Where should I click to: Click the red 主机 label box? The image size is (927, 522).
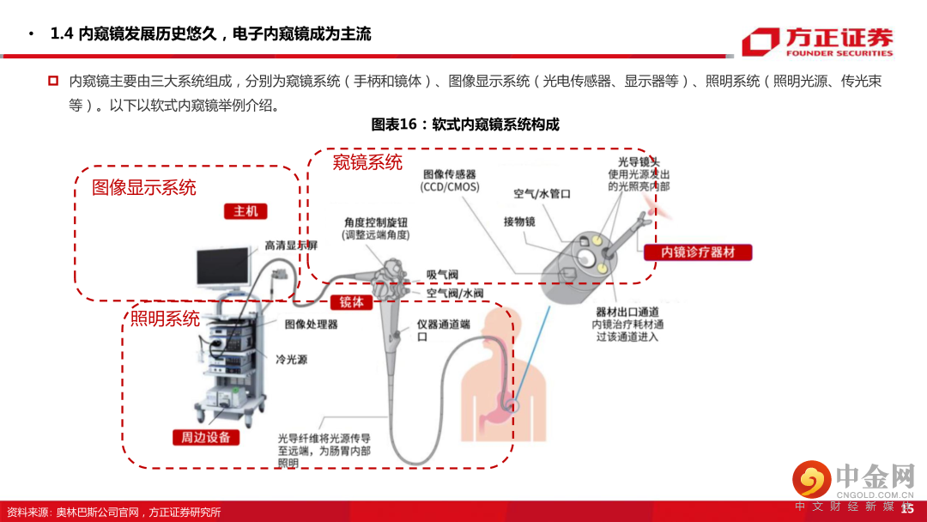[245, 211]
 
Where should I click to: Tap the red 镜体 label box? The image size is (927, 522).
[351, 302]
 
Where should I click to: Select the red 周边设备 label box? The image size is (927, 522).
[206, 437]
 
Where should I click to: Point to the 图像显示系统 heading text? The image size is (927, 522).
[144, 187]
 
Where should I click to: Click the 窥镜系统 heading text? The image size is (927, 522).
[367, 162]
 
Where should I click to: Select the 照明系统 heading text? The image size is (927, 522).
[165, 319]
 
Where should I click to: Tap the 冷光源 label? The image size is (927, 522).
[291, 359]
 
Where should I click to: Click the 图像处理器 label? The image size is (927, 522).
[311, 325]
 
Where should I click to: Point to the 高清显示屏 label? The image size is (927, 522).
[291, 246]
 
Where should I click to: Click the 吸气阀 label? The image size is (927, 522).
[443, 275]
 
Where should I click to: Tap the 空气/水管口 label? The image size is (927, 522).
[542, 194]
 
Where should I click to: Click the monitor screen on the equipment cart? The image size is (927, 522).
[223, 267]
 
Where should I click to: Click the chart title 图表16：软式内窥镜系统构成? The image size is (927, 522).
[464, 124]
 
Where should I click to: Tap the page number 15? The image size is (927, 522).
[907, 509]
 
